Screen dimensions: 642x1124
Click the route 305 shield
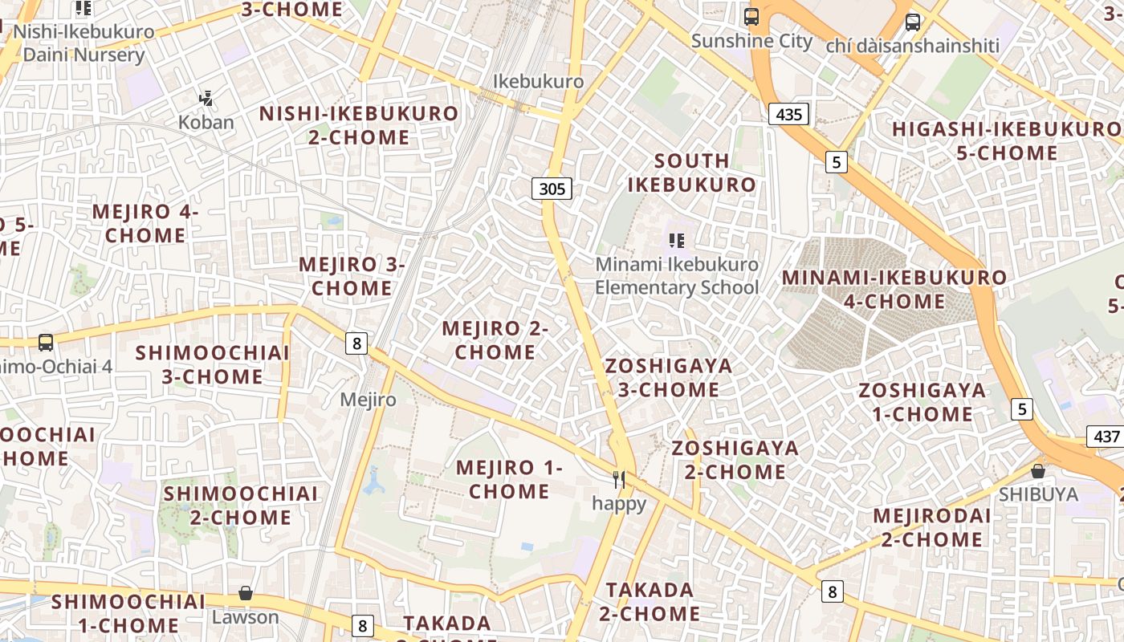552,189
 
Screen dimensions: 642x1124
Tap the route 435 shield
788,115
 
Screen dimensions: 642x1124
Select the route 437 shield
1106,437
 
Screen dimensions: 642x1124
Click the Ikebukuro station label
538,82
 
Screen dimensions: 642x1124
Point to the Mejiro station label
368,399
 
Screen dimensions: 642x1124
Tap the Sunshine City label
751,41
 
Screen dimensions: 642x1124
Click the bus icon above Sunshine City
751,16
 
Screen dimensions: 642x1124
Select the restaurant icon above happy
619,480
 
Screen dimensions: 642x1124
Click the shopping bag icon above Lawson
246,594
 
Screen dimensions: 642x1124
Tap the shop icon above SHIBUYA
1038,471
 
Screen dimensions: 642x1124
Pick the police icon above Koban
206,99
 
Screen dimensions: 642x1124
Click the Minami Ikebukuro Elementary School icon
677,240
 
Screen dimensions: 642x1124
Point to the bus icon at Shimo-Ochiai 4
46,343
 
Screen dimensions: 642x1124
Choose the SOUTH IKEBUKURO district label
691,173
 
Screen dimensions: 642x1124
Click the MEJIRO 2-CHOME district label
495,340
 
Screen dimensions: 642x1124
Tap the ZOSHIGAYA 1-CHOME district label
922,402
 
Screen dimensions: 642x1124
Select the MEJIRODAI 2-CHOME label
931,527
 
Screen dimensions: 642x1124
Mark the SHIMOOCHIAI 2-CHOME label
241,505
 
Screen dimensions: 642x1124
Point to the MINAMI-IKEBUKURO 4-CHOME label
894,290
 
